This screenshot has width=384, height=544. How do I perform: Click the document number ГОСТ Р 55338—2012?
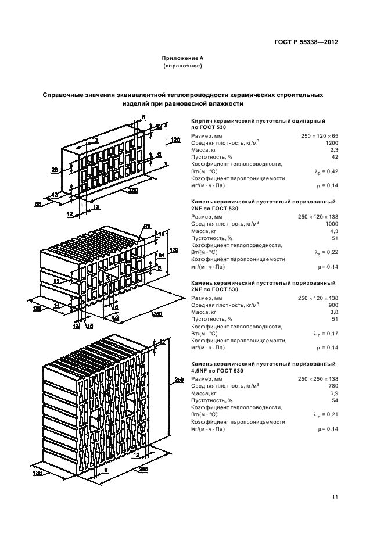pos(306,42)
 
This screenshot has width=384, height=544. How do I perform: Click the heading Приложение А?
pos(182,58)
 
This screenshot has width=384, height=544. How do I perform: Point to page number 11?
pos(335,497)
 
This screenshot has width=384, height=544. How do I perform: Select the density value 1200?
pos(332,143)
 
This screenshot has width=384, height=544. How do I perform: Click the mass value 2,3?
pos(334,150)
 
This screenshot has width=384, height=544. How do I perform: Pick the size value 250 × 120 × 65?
pos(320,136)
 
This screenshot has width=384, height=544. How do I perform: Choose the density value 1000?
pos(332,224)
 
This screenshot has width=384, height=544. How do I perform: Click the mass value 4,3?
pos(335,231)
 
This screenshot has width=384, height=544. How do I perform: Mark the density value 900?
pos(333,305)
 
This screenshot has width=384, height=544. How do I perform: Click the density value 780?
pos(333,386)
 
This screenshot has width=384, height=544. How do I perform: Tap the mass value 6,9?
pos(335,393)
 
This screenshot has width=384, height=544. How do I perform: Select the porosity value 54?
pos(335,400)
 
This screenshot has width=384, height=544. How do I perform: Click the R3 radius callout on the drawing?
pos(147,226)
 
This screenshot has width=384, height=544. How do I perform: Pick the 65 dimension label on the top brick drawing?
pos(38,205)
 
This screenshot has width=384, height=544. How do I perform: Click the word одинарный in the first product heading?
pos(308,121)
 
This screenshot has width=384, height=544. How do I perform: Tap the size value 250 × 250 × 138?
pos(318,379)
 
